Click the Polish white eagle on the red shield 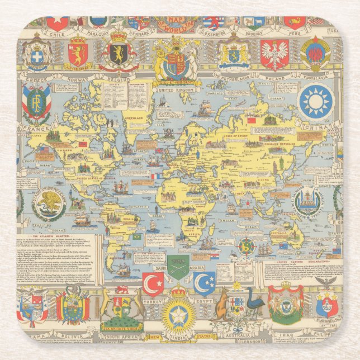pyautogui.click(x=274, y=55)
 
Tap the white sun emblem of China pyautogui.click(x=316, y=102)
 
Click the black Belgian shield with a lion pyautogui.click(x=119, y=54)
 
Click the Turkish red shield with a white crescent pyautogui.click(x=153, y=283)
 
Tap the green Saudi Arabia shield pyautogui.click(x=178, y=267)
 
